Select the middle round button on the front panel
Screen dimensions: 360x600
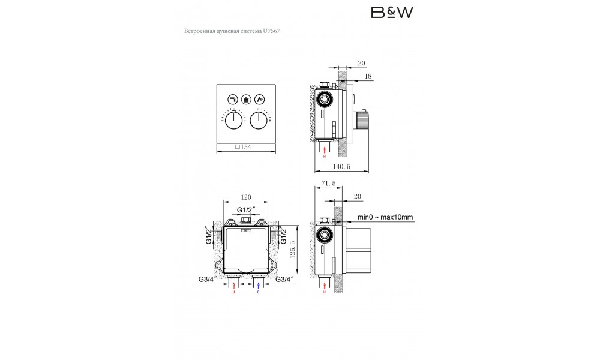[246, 100]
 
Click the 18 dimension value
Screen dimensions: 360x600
[367, 76]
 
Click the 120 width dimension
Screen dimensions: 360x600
[245, 196]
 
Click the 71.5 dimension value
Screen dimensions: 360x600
[328, 185]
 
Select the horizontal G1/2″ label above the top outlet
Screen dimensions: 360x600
[246, 209]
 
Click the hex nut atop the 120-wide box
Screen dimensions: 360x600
[246, 223]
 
